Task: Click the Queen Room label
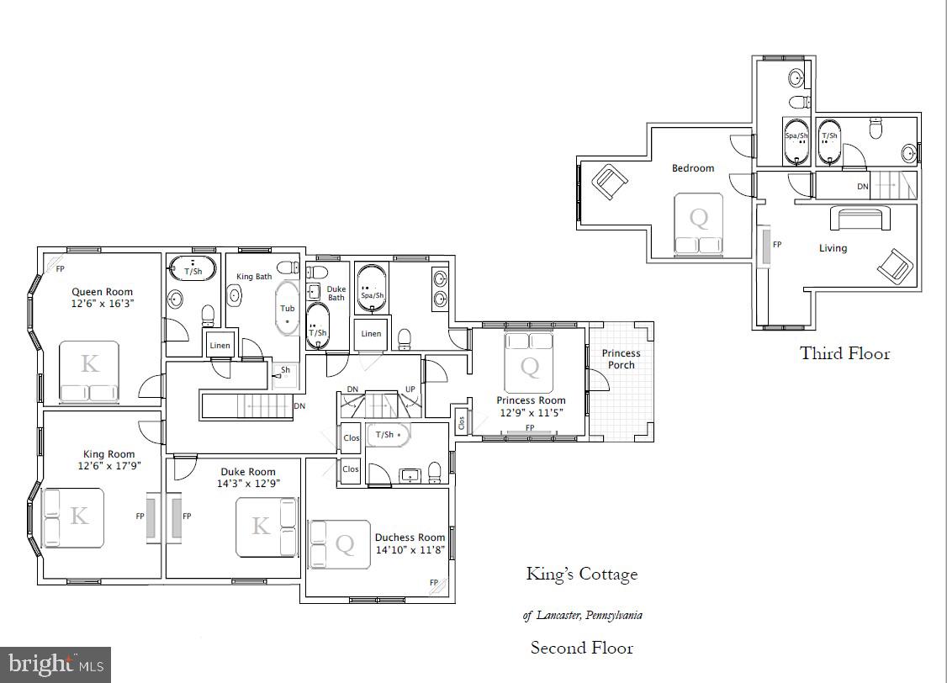click(102, 292)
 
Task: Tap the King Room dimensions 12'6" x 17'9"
click(108, 466)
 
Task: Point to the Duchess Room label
click(410, 537)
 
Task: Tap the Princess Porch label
click(621, 359)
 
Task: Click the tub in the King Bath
click(288, 309)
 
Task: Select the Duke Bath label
click(336, 293)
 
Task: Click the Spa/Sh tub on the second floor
click(372, 290)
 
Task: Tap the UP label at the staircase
click(410, 389)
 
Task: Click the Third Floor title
click(844, 353)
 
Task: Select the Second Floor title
click(581, 648)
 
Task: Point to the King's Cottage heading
click(581, 574)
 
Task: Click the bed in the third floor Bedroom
click(699, 223)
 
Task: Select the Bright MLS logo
click(56, 664)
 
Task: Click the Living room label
click(833, 248)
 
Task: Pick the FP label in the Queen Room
click(60, 269)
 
